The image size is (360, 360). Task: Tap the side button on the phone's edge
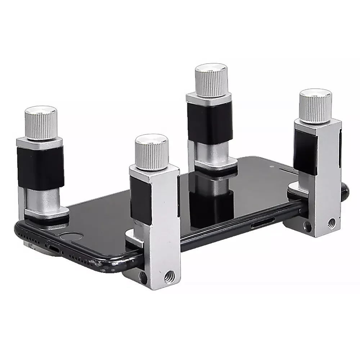[x=260, y=225]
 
